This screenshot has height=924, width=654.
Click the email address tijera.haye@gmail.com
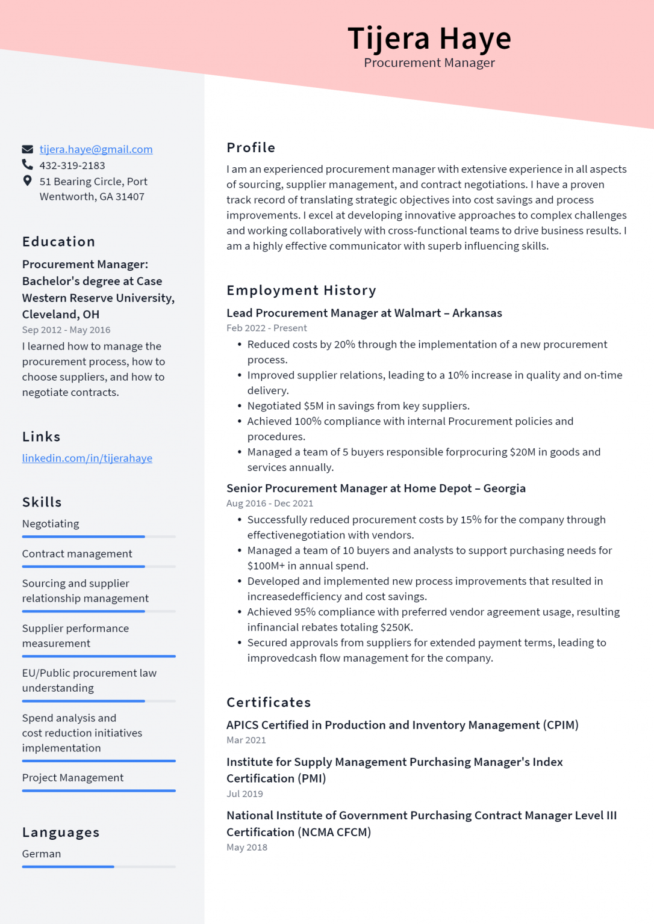(96, 149)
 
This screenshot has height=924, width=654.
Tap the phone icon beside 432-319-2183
(28, 164)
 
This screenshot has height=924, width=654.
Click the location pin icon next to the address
(27, 180)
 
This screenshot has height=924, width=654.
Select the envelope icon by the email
(28, 149)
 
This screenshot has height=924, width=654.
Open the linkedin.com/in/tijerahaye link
(87, 458)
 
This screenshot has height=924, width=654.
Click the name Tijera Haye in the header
(429, 38)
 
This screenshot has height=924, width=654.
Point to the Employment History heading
(301, 291)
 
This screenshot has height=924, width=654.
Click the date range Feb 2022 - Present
(266, 328)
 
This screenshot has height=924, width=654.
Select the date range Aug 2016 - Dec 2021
(269, 504)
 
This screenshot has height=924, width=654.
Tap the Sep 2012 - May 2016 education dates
(66, 330)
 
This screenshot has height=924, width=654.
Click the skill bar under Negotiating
(99, 537)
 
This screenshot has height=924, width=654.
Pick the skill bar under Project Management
(99, 790)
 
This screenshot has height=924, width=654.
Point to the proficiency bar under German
(99, 867)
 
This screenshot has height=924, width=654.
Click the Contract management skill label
(77, 553)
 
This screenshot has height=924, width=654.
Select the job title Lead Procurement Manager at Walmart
(364, 313)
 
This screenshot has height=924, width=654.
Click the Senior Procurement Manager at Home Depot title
(376, 488)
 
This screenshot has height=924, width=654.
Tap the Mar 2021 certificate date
(246, 740)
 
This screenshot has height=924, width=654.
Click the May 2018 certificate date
(246, 847)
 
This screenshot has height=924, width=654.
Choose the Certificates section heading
(269, 703)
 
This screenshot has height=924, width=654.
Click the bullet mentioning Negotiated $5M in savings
(358, 406)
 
